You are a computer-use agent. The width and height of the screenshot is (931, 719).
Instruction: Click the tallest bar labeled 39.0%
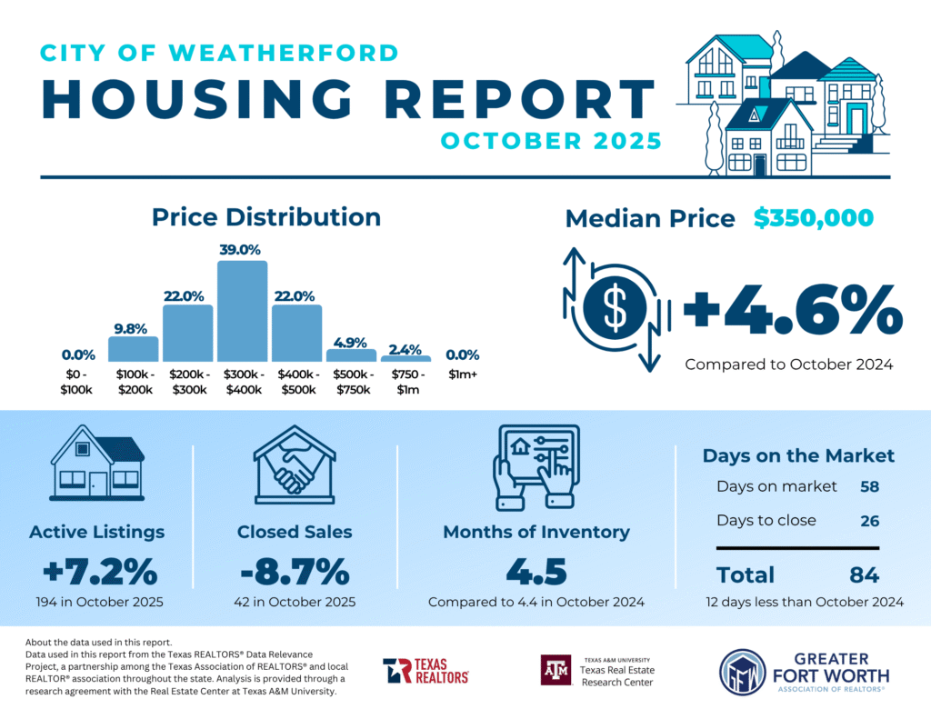click(x=242, y=312)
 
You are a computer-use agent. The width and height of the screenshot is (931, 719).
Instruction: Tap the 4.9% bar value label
click(x=351, y=342)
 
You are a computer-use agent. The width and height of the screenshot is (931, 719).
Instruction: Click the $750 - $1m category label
click(x=405, y=383)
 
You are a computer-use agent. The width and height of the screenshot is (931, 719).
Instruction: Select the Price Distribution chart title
click(x=265, y=217)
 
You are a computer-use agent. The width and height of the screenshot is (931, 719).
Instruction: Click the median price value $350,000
click(x=813, y=218)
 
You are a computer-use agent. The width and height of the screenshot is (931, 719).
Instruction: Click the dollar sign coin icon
click(x=616, y=309)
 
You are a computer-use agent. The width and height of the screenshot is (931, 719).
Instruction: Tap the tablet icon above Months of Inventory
click(x=535, y=466)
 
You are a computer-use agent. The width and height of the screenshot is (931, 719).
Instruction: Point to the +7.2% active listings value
click(x=100, y=573)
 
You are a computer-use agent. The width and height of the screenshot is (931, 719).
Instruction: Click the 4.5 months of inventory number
click(x=536, y=573)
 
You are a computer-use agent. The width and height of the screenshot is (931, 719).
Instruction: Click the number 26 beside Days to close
click(x=869, y=521)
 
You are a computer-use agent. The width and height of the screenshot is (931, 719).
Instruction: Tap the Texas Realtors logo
click(x=425, y=671)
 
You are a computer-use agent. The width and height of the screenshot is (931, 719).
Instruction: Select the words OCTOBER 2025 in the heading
click(x=551, y=142)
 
